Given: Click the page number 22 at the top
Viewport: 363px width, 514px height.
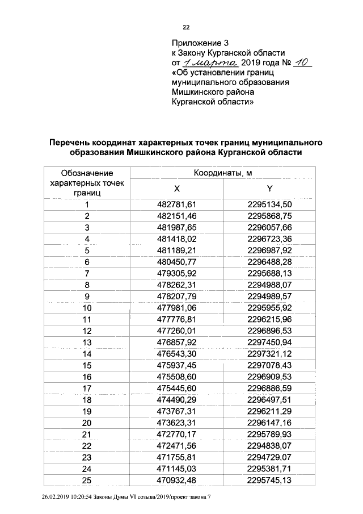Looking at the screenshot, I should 185,27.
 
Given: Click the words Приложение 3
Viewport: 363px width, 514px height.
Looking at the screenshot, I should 200,43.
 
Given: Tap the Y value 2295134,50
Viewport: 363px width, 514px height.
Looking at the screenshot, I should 269,204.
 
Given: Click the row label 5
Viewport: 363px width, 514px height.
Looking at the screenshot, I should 87,250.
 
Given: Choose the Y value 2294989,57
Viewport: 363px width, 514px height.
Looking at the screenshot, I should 269,296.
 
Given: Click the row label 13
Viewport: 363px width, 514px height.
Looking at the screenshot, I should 87,342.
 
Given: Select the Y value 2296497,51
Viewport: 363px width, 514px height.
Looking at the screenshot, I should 269,400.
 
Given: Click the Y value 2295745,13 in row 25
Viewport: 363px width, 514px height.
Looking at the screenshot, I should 269,480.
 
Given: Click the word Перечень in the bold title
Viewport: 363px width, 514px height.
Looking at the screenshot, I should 73,142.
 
